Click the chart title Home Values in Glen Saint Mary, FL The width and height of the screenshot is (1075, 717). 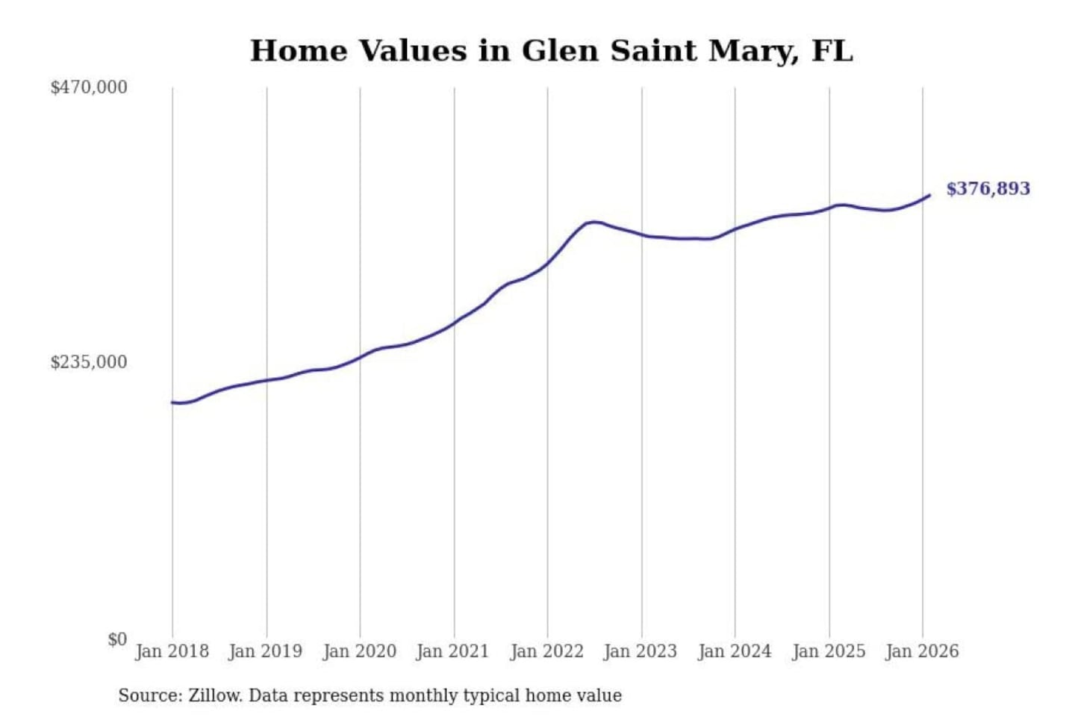coord(551,51)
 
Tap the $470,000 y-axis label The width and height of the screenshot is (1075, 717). coord(89,87)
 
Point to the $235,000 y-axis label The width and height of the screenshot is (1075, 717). coord(89,362)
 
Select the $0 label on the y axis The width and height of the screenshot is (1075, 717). coord(117,639)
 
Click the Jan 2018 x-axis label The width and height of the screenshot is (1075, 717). coord(172,651)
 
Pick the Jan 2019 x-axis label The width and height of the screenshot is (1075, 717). coord(265,651)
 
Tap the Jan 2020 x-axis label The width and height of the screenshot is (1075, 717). coord(359,651)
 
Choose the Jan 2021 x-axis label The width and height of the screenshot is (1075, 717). coord(452,651)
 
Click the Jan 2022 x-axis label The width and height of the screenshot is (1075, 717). coord(546,651)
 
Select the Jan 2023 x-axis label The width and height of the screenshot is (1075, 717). coord(640,651)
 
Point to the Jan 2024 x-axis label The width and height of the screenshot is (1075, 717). coord(734,651)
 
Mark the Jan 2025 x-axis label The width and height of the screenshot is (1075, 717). coord(828,651)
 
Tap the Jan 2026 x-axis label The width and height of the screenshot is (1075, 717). coord(922,651)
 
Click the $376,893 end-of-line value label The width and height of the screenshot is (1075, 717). coord(988,189)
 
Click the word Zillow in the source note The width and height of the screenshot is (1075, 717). coord(214,696)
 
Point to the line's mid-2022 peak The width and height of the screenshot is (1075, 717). coord(593,222)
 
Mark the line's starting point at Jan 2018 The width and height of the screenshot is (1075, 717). coord(172,403)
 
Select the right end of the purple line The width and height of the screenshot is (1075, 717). coord(929,196)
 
